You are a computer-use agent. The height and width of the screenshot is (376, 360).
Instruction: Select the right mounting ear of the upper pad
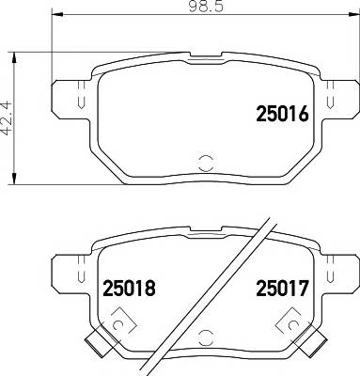337,97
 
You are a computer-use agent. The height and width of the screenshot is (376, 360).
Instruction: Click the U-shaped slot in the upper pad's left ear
80,102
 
